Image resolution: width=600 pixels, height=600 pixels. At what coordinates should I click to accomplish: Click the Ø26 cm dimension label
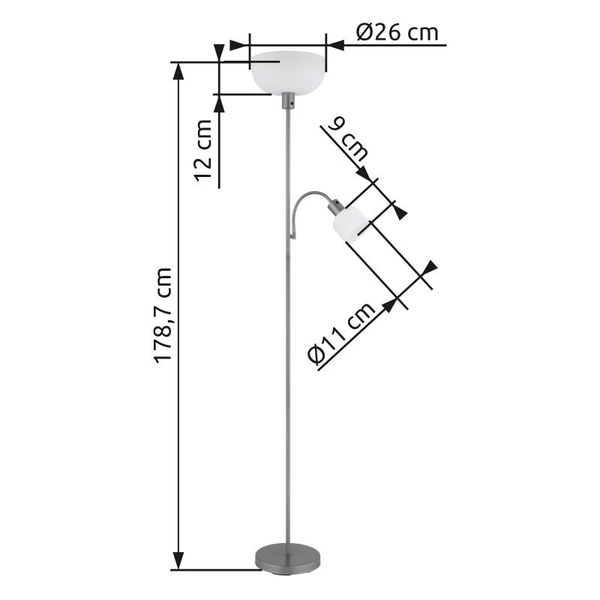397,32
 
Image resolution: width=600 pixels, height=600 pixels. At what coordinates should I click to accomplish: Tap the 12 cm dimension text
203,150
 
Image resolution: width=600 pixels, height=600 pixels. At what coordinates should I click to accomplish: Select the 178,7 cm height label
162,315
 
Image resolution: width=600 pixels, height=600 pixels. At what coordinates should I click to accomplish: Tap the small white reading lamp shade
351,225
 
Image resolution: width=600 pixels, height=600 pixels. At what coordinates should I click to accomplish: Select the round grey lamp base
286,558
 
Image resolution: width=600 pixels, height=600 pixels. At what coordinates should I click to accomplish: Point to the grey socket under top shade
288,101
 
